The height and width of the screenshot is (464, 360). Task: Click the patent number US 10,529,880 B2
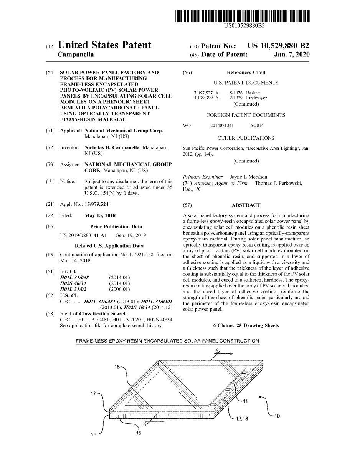(x=278, y=46)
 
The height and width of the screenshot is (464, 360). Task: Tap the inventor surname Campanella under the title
(x=76, y=55)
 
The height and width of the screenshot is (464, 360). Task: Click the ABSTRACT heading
(x=246, y=205)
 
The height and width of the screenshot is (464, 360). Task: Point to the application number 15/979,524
(x=96, y=204)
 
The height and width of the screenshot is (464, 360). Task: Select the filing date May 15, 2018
(x=100, y=215)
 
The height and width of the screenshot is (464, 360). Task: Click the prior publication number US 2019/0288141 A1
(x=83, y=235)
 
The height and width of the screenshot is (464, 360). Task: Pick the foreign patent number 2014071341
(x=222, y=126)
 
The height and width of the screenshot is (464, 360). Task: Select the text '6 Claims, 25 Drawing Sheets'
(x=246, y=326)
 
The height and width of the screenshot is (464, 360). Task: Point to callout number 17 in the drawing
(x=94, y=393)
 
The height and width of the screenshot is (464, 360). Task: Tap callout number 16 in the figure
(x=93, y=434)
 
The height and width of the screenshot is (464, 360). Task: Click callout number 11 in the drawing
(x=245, y=401)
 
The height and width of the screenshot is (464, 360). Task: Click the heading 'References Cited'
(x=246, y=72)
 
